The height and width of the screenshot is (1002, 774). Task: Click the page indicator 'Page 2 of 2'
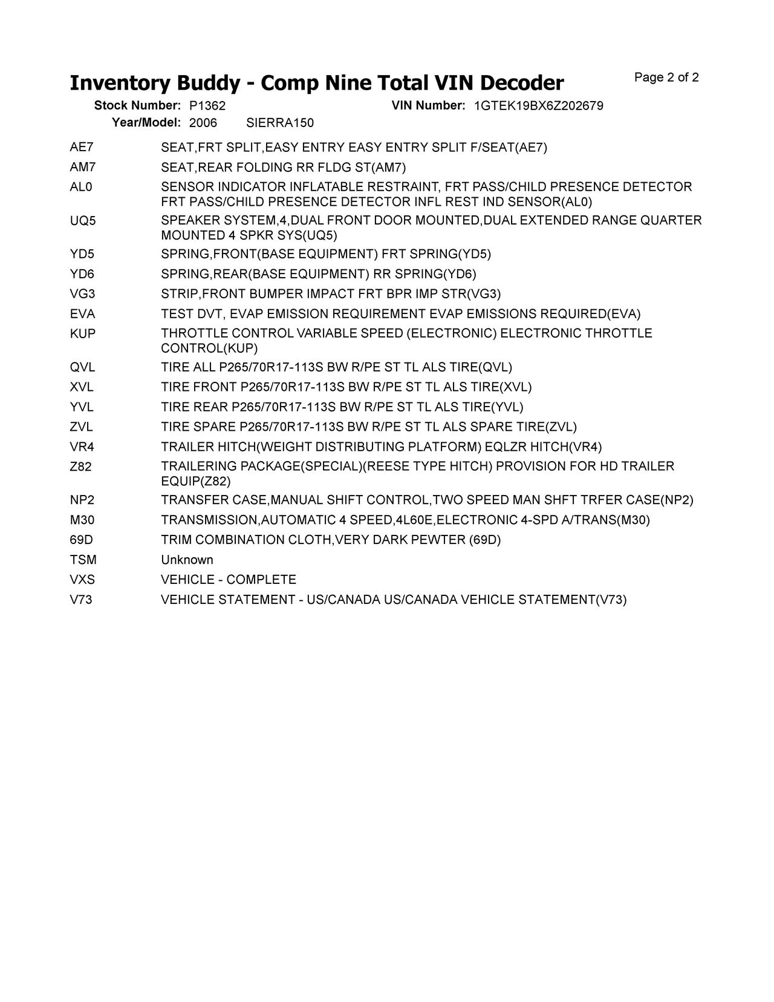coord(666,77)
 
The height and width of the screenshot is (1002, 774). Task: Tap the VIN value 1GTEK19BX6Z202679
coord(538,106)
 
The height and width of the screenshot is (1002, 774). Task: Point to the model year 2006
coord(203,123)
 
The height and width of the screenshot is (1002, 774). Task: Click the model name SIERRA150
coord(280,123)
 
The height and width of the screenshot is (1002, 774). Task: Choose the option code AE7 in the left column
coord(82,147)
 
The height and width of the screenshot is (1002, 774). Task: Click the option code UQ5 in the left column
coord(83,221)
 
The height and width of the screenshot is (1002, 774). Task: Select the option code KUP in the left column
coord(83,333)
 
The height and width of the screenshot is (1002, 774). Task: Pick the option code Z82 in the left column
coord(81,467)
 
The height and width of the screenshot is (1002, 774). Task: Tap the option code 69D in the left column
coord(82,540)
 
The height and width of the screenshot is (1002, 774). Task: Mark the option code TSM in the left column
coord(83,560)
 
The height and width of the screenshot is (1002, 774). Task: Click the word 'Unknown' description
coord(187,560)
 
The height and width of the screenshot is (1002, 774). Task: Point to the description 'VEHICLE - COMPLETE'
coord(229,580)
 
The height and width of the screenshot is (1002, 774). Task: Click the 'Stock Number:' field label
coord(137,106)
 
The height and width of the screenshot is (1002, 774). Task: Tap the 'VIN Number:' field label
coord(428,106)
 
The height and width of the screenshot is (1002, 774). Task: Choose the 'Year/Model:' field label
coord(146,123)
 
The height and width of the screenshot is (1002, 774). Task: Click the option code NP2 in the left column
coord(82,500)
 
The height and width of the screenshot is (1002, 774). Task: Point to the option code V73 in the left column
coord(81,600)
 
